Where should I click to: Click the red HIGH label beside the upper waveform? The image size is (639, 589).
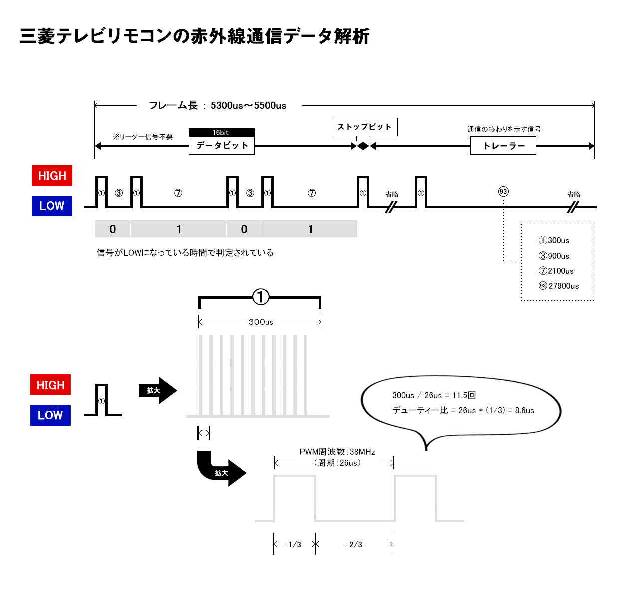pos(52,175)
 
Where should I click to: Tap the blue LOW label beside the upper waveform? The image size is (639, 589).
pos(52,206)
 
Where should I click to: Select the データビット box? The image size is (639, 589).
pos(222,146)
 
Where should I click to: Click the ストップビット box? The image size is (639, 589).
pos(364,127)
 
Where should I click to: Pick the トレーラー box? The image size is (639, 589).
pos(503,146)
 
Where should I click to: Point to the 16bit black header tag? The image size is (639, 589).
pos(221,133)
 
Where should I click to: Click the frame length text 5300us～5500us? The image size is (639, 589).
pos(248,105)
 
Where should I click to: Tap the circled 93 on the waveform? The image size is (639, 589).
pos(503,192)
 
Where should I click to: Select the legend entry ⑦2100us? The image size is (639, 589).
pos(556,271)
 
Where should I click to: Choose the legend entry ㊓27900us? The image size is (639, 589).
pos(559,286)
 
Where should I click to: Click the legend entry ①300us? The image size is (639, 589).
pos(554,240)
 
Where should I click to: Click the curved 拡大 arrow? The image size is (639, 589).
pos(220,470)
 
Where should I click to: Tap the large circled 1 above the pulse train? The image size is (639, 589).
pos(260,296)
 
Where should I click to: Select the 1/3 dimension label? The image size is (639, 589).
pos(295,544)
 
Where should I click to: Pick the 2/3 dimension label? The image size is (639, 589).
pos(355,544)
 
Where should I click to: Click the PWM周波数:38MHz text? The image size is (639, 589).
pos(337,452)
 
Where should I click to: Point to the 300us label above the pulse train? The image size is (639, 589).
pos(261,322)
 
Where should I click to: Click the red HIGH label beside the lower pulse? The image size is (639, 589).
pos(50,385)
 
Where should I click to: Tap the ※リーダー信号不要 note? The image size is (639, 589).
pos(142,137)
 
